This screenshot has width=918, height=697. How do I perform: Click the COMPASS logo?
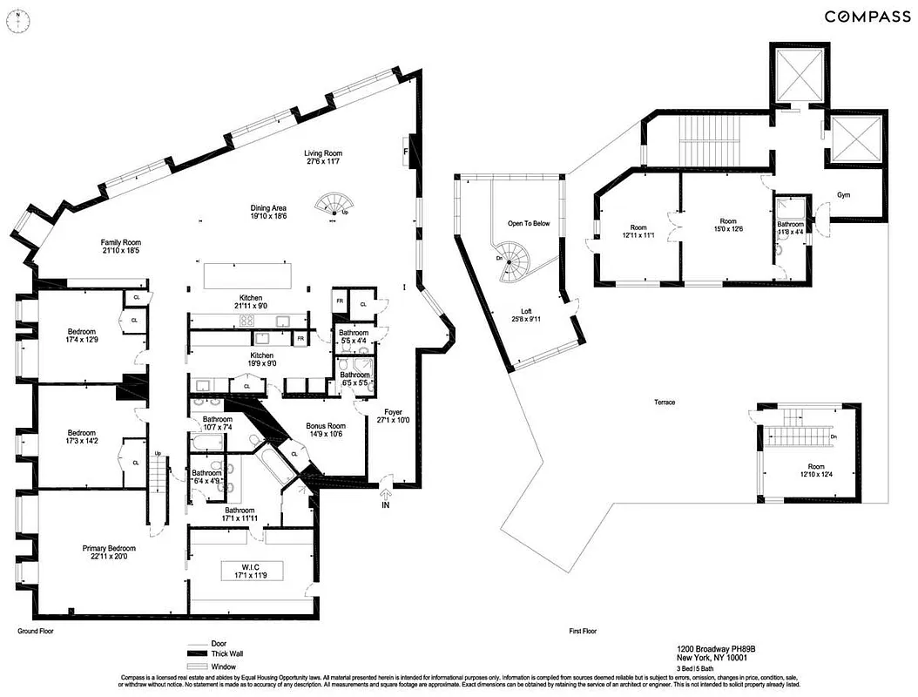coord(862,17)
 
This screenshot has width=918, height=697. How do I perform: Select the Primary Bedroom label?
coord(109,548)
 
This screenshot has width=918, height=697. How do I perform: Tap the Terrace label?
coord(665,402)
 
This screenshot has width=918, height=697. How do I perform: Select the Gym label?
coord(843,195)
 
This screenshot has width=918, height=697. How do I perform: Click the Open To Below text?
coord(529,224)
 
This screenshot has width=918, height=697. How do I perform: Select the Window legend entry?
coord(225,667)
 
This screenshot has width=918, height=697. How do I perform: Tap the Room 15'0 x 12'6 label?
coord(728,225)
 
